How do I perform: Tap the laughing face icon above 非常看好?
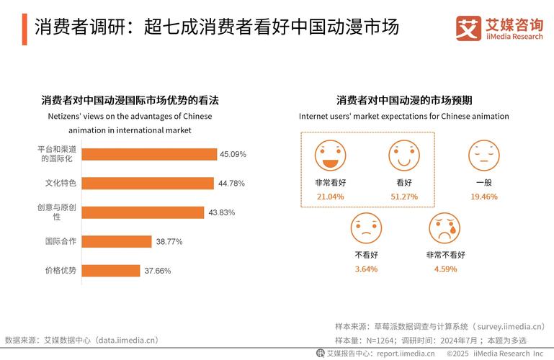click(x=330, y=154)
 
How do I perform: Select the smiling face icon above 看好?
click(x=403, y=154)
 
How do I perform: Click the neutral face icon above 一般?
click(x=483, y=154)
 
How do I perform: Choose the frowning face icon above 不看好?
click(x=366, y=228)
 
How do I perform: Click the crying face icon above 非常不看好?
click(x=444, y=228)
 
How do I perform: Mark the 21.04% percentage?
click(x=330, y=197)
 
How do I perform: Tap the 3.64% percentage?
click(x=366, y=269)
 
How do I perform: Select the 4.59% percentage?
click(x=445, y=269)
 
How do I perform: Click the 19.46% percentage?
click(x=483, y=197)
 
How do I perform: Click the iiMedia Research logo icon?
click(x=469, y=27)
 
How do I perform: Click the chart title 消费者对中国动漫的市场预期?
click(x=409, y=100)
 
